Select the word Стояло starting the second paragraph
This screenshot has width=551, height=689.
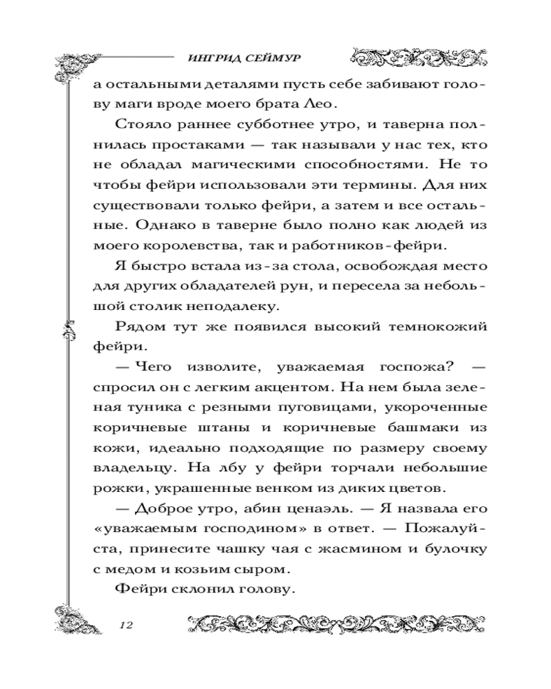pyautogui.click(x=136, y=126)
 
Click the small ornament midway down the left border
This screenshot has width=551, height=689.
pyautogui.click(x=68, y=331)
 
